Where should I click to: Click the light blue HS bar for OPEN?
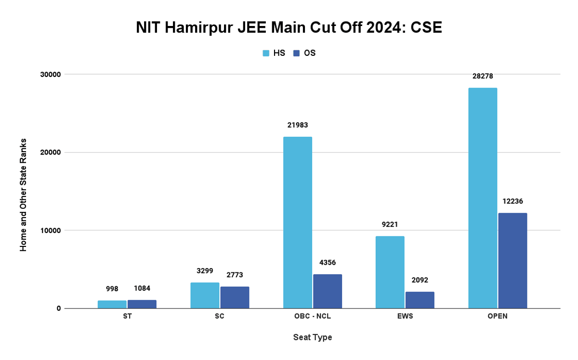483,198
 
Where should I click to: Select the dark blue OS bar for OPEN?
512,260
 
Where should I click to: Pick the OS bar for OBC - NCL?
328,291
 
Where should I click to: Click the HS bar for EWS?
390,272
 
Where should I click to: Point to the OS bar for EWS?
420,300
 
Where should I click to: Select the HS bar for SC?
205,295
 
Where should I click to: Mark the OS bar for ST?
142,304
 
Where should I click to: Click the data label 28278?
483,76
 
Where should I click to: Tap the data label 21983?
297,125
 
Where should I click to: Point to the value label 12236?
512,201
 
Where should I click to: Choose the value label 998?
112,289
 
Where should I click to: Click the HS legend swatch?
266,53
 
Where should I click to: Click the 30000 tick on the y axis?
50,74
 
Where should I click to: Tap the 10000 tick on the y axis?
50,230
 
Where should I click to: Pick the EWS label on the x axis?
405,317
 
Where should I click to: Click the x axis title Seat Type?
313,337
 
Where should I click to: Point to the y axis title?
23,194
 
